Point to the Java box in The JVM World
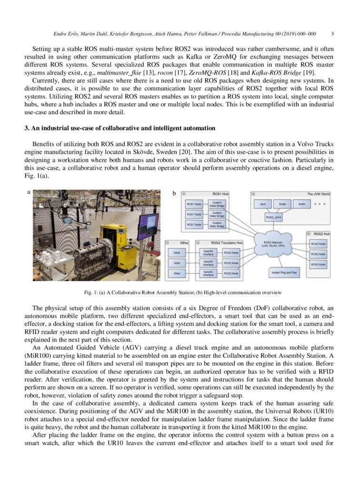tap(262, 204)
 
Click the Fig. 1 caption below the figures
tap(182, 292)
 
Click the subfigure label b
tap(174, 193)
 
